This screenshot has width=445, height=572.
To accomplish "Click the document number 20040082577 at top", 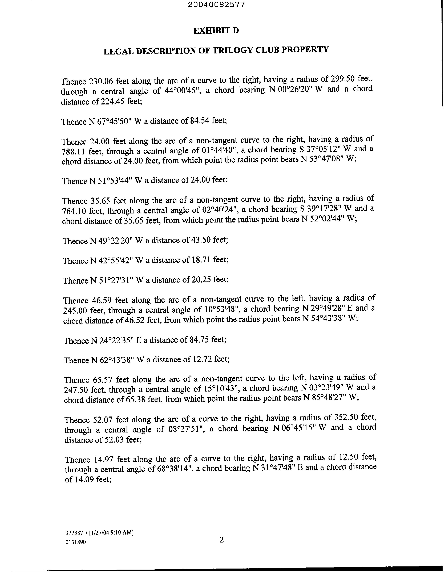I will point(220,5).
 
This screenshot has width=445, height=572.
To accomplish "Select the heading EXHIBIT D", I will point(216,31).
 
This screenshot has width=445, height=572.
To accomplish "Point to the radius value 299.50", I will point(345,79).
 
